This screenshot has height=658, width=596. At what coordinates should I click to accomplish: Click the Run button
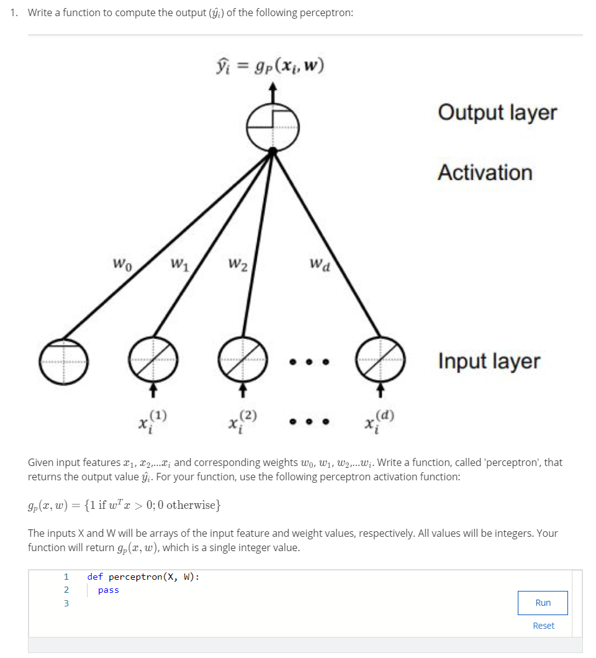pos(543,603)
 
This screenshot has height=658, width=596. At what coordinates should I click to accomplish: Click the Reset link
pos(543,626)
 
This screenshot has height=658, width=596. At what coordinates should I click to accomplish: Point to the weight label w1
pos(179,265)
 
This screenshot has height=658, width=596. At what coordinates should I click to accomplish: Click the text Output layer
pos(497,112)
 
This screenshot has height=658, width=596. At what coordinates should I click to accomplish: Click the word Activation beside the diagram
pos(485,172)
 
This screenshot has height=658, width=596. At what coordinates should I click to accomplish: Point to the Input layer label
pos(489,361)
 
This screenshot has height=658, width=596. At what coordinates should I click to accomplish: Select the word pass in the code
pos(109,590)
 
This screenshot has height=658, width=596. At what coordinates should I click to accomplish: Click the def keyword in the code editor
pos(95,577)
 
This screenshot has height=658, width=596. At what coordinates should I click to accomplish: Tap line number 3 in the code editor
pos(66,603)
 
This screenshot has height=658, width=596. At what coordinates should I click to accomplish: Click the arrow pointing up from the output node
pos(271,92)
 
